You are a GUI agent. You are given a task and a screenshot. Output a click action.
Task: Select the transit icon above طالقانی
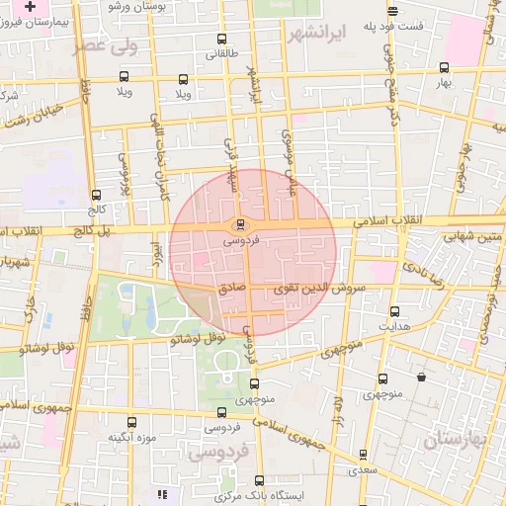(219, 41)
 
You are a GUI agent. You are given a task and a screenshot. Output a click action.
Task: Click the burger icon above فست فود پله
(393, 12)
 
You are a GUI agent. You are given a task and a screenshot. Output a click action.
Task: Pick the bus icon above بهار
(444, 68)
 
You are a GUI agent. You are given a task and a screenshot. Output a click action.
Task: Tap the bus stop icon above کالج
(95, 195)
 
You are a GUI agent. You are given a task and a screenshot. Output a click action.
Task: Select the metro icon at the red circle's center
(240, 223)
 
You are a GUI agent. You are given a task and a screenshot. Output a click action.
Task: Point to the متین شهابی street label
(472, 237)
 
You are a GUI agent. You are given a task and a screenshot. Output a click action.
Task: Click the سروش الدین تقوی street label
(313, 287)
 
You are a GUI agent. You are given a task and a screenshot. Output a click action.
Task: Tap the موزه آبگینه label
(129, 435)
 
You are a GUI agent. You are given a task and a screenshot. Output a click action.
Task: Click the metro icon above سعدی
(363, 455)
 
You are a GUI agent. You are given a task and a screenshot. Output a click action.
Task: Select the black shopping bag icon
(422, 377)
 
